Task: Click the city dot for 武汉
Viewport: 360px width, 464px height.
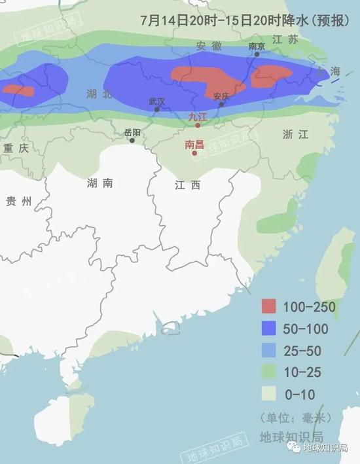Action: click(156, 109)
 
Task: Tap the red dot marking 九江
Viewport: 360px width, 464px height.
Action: click(198, 125)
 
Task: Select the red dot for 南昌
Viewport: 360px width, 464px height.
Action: click(194, 154)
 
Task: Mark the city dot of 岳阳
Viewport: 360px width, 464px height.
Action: click(132, 140)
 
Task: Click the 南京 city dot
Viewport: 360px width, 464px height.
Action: click(257, 54)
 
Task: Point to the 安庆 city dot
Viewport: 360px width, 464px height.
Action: click(221, 104)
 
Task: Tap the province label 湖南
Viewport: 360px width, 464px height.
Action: click(99, 183)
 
